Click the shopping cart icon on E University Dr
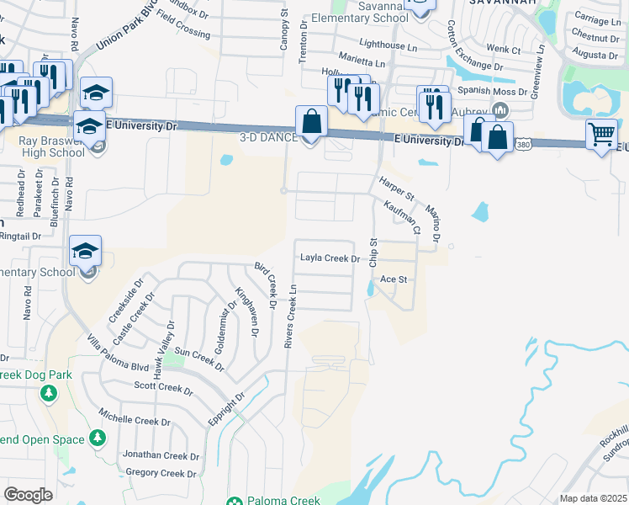point(601,135)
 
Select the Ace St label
point(394,279)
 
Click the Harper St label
point(396,187)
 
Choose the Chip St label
point(374,252)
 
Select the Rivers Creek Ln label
point(290,315)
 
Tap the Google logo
point(29,494)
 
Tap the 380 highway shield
point(522,145)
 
